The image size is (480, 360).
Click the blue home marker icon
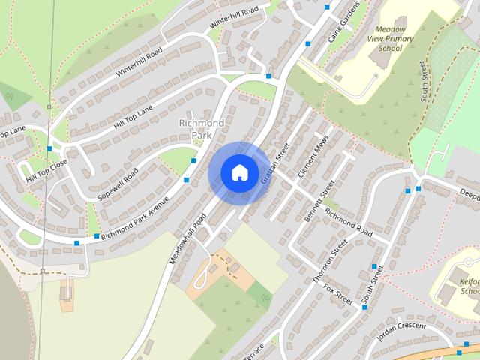[239, 172]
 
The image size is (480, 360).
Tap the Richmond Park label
[201, 128]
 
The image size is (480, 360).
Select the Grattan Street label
[274, 164]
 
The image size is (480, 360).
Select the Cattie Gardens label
[346, 20]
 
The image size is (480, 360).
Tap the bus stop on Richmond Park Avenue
[97, 236]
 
